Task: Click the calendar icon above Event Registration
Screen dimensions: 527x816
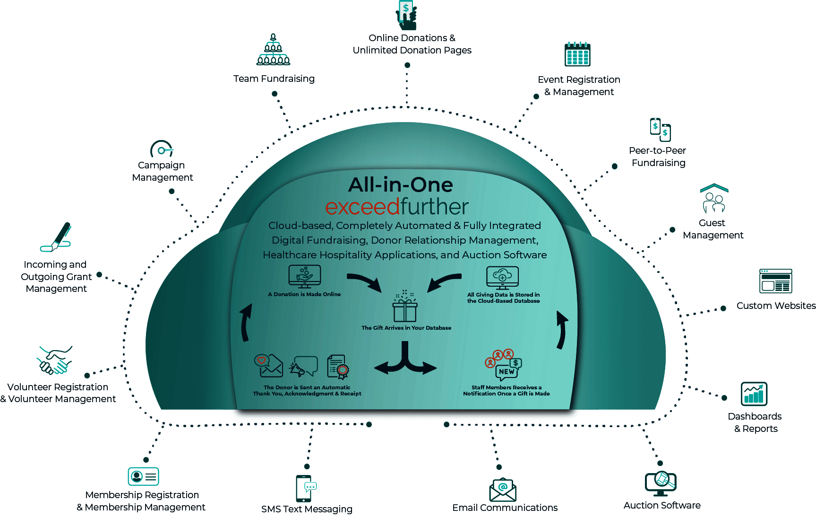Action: pyautogui.click(x=577, y=54)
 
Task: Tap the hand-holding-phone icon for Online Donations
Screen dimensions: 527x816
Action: pyautogui.click(x=406, y=15)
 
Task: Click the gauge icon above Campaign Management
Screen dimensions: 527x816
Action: pyautogui.click(x=162, y=149)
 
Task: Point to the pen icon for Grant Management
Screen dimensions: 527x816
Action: pyautogui.click(x=57, y=237)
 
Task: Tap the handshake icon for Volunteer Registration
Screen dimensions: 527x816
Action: pyautogui.click(x=55, y=360)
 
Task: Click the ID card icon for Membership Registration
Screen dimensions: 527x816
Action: pyautogui.click(x=143, y=476)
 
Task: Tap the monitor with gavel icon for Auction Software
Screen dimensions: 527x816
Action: pyautogui.click(x=661, y=483)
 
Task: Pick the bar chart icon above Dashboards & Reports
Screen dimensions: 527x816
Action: pyautogui.click(x=754, y=394)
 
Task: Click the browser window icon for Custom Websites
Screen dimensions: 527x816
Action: pyautogui.click(x=775, y=281)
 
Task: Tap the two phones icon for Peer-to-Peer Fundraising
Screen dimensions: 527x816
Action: pyautogui.click(x=661, y=129)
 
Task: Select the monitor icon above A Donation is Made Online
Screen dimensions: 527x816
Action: pyautogui.click(x=305, y=276)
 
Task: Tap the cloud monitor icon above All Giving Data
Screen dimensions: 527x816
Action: pyautogui.click(x=502, y=277)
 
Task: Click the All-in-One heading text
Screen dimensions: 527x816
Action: pyautogui.click(x=400, y=184)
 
